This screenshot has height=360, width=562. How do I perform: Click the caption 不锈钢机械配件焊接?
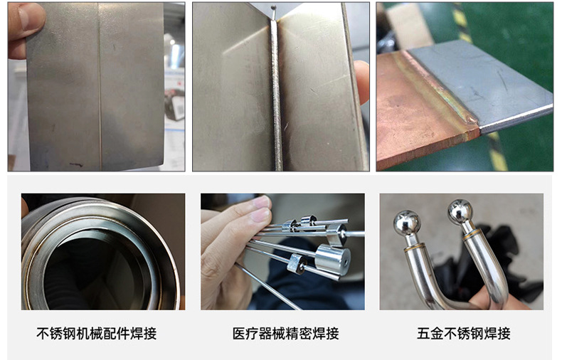(x=97, y=334)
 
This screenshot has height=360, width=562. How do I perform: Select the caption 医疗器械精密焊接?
(x=286, y=334)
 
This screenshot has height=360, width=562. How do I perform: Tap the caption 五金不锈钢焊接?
(x=463, y=334)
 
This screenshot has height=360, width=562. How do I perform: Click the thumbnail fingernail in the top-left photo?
(x=28, y=17)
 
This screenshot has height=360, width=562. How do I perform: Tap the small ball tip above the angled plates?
(x=273, y=7)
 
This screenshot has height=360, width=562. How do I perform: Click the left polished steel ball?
(x=407, y=223)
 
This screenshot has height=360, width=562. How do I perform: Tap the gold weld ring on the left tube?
(x=415, y=247)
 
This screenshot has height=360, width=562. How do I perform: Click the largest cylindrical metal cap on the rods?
(x=332, y=260)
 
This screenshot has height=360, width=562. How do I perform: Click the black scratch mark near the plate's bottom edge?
(x=76, y=165)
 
